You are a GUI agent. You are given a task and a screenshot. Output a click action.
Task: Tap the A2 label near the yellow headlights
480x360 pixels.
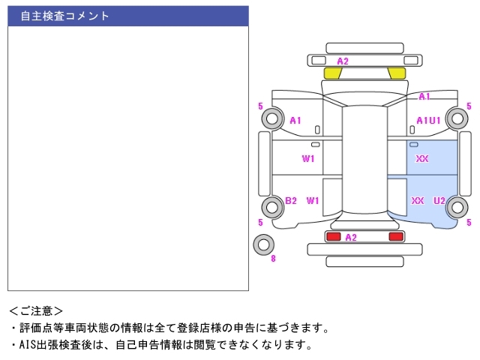343,61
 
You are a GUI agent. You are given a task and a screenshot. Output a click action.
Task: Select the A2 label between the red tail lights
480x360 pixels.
350,237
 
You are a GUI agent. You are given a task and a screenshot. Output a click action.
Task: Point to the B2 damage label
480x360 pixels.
291,200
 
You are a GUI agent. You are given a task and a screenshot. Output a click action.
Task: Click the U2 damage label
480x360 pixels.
439,200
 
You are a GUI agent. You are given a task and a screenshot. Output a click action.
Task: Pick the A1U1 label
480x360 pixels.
428,120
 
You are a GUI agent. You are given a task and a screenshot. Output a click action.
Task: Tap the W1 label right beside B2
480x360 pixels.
313,200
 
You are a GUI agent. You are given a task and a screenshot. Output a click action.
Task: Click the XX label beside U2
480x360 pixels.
418,200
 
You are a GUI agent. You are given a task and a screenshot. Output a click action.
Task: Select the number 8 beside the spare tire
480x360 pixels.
273,259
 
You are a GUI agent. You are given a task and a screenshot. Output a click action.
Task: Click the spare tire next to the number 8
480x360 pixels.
263,244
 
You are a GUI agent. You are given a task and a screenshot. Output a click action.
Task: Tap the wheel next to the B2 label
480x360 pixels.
271,206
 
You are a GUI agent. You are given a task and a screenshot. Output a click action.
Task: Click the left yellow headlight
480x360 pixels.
332,73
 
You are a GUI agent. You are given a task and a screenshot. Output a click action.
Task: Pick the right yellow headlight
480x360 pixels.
397,73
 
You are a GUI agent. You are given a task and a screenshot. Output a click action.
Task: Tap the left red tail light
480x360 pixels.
333,237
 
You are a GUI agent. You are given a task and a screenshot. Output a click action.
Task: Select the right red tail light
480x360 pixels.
395,237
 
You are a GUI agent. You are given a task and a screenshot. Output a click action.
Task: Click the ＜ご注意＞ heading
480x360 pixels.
36,310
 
